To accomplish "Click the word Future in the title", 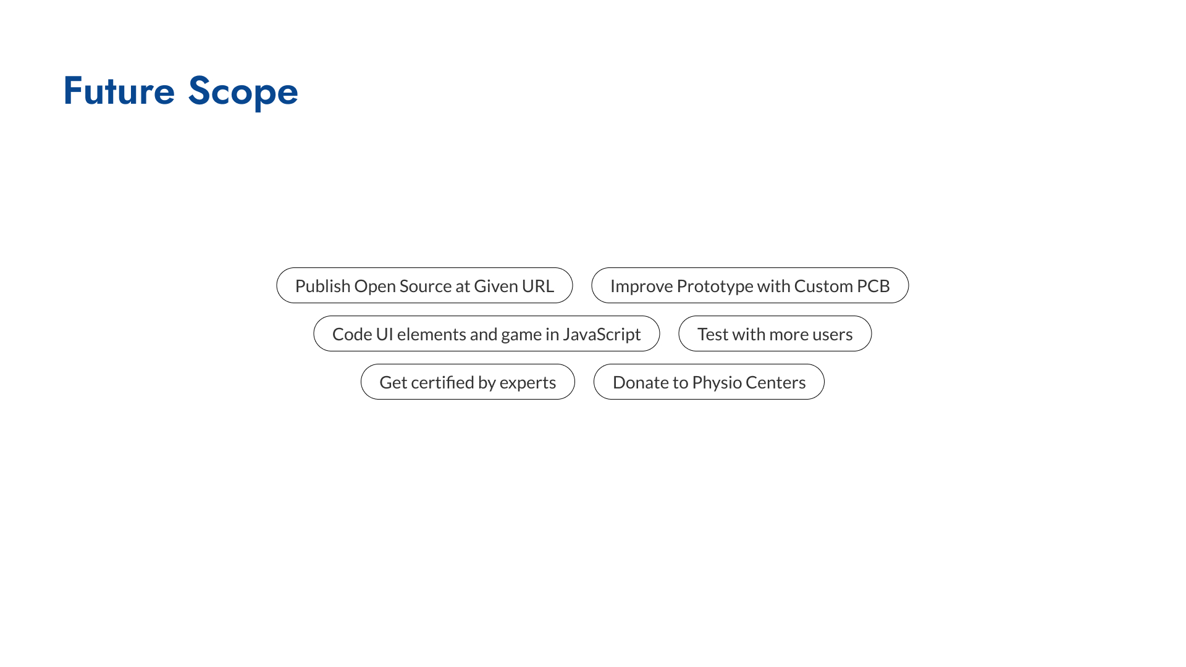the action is (x=119, y=91).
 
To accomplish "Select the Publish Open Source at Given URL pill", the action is (x=424, y=285).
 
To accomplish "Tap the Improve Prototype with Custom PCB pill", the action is (x=750, y=285).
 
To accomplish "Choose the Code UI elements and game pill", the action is (x=487, y=333).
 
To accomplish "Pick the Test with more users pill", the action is (x=775, y=333).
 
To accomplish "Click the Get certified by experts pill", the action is (x=468, y=382).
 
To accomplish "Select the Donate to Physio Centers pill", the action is (x=709, y=382).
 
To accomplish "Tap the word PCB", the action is (x=873, y=286).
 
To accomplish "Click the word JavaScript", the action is (x=602, y=335).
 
